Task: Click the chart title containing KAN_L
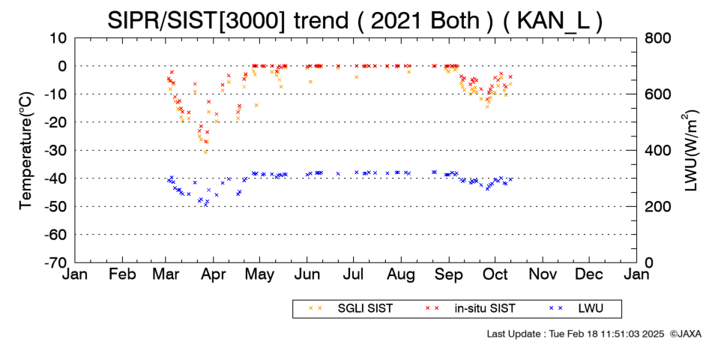tap(355, 20)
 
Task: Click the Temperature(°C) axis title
tap(26, 151)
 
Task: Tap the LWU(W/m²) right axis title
tap(690, 151)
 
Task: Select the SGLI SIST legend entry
tap(351, 309)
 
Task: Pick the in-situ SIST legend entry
tap(471, 309)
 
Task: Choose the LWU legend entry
tap(576, 309)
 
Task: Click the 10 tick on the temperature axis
tap(58, 38)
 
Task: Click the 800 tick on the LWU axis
tap(657, 38)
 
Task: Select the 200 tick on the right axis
tap(657, 207)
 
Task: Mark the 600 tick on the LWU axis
tap(657, 94)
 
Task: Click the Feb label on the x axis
tap(123, 274)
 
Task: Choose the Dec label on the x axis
tap(589, 274)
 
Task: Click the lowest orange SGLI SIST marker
tap(205, 151)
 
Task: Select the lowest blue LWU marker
tap(205, 205)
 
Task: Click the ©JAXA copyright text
tap(685, 334)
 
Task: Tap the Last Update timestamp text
tap(576, 334)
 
